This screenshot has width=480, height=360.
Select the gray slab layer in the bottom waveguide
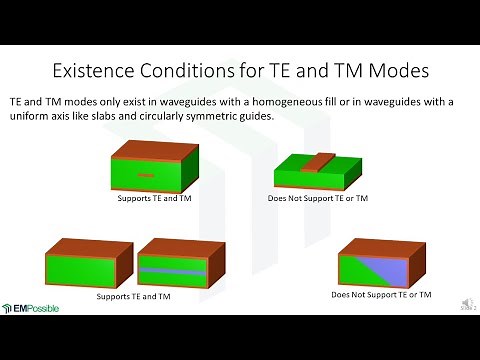(174, 270)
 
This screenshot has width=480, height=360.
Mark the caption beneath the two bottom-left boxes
(133, 297)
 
